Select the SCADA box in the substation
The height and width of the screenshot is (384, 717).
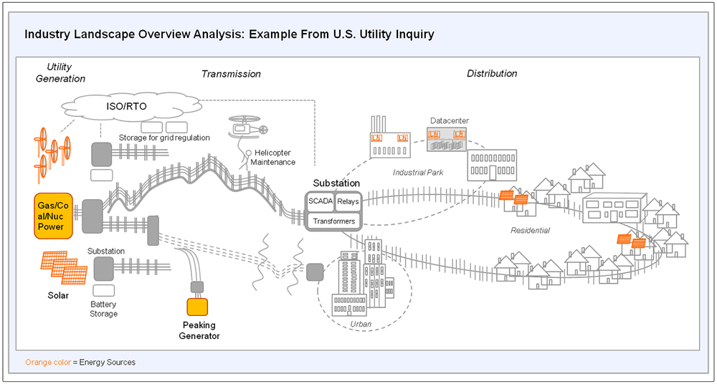(x=320, y=201)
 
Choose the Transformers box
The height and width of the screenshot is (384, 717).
(x=334, y=221)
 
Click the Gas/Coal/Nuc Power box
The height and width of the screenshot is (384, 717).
(x=54, y=216)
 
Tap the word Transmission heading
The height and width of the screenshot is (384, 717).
(x=232, y=74)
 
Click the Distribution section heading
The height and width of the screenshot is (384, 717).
(x=492, y=74)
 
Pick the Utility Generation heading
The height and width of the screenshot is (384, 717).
(x=66, y=72)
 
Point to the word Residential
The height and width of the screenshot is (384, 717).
(x=530, y=231)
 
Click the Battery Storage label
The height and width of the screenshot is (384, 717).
(x=103, y=309)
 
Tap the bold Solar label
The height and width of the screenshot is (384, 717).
(x=58, y=295)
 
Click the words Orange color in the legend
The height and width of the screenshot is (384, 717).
(x=49, y=362)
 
